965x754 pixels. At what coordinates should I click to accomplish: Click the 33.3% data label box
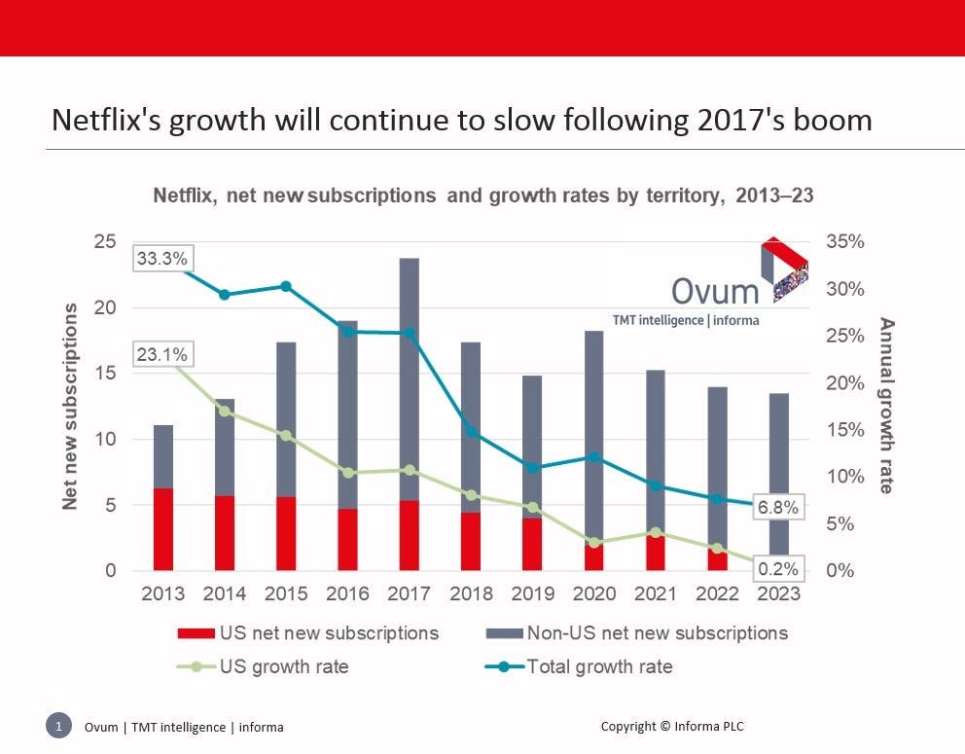point(162,259)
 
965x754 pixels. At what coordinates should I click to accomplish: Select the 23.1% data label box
point(162,354)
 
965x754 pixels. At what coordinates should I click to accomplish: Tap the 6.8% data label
point(778,507)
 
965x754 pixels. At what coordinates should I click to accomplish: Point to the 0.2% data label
point(778,569)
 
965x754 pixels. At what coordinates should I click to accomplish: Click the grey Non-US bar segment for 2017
point(409,379)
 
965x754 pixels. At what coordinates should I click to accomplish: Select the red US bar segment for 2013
point(162,529)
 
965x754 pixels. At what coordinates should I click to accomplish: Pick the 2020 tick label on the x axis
point(593,593)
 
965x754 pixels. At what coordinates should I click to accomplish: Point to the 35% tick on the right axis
point(844,241)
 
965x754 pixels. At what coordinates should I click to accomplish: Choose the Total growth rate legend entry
point(599,666)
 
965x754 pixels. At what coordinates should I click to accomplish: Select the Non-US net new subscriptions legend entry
point(657,633)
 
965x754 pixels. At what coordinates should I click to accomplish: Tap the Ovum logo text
point(715,291)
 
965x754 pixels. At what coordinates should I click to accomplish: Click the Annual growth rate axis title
point(886,405)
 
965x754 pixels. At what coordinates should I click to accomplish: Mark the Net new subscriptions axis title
point(70,406)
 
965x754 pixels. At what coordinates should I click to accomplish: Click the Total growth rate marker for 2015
point(286,286)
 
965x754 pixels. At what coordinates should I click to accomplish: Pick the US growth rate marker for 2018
point(471,495)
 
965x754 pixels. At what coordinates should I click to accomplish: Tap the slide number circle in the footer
point(58,726)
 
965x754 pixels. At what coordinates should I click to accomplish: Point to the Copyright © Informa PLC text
point(673,726)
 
